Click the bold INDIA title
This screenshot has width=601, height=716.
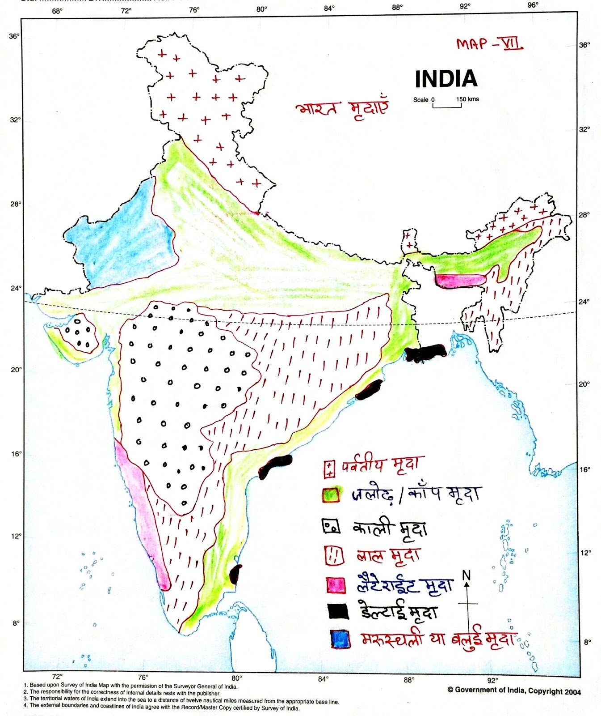(446, 79)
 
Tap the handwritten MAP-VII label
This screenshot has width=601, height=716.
(489, 44)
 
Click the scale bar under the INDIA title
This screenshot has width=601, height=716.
(447, 105)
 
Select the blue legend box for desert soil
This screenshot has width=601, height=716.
(340, 639)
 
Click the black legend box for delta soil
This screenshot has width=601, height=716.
(338, 611)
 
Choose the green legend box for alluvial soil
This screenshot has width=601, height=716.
(331, 494)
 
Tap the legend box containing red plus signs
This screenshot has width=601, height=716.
(329, 469)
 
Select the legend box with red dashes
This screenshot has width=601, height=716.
(334, 556)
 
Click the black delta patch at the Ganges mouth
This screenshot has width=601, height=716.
(425, 353)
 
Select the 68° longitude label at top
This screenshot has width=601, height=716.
(57, 11)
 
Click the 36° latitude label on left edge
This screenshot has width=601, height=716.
(14, 36)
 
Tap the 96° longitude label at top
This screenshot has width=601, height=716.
(533, 5)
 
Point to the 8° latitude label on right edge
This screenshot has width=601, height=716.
(587, 642)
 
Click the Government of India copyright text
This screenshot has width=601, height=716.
(514, 690)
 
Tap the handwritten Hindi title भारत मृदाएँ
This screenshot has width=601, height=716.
(342, 109)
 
